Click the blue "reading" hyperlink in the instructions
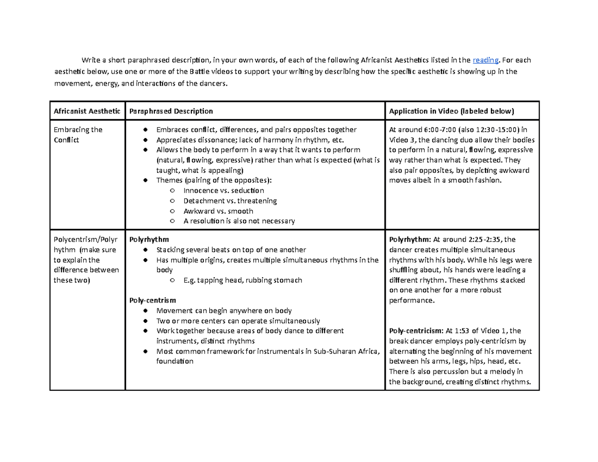(x=485, y=60)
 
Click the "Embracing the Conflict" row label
(x=78, y=135)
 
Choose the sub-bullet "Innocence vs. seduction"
(x=223, y=190)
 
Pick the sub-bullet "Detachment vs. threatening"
(x=230, y=201)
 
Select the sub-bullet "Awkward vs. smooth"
(x=218, y=211)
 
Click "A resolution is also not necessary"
(x=239, y=221)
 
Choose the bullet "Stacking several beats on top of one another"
(x=231, y=250)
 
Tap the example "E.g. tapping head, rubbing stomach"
(x=242, y=280)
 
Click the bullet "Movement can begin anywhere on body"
(x=224, y=310)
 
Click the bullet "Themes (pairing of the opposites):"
(x=214, y=180)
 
